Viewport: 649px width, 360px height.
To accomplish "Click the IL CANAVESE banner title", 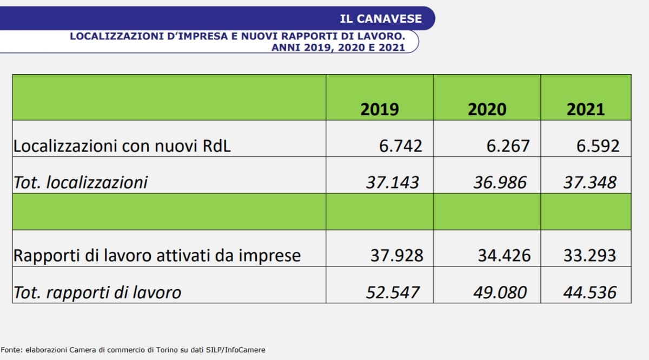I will pyautogui.click(x=381, y=18).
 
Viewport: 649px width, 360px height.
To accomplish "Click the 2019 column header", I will pyautogui.click(x=380, y=109).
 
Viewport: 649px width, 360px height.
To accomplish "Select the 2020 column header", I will pyautogui.click(x=487, y=109).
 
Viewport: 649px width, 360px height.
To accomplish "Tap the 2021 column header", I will pyautogui.click(x=585, y=109).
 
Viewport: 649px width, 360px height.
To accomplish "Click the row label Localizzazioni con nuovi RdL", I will pyautogui.click(x=122, y=146).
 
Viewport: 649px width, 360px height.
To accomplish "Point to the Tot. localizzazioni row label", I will pyautogui.click(x=80, y=182).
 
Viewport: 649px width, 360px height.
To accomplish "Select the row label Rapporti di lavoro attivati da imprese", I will pyautogui.click(x=157, y=255).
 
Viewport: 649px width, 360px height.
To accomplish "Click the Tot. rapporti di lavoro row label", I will pyautogui.click(x=97, y=292).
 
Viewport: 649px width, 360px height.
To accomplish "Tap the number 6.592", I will pyautogui.click(x=597, y=146).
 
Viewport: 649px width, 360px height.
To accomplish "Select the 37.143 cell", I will pyautogui.click(x=393, y=182).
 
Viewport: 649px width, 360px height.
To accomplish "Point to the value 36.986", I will pyautogui.click(x=500, y=182).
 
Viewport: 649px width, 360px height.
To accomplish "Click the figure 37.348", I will pyautogui.click(x=590, y=182).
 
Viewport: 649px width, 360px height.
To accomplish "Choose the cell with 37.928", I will pyautogui.click(x=396, y=255).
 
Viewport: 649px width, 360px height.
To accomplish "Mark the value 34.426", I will pyautogui.click(x=504, y=255).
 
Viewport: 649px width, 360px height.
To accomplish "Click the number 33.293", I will pyautogui.click(x=590, y=255).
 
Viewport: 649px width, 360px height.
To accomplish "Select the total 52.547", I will pyautogui.click(x=393, y=292).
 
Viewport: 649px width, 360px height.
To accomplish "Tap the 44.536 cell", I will pyautogui.click(x=590, y=292).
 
